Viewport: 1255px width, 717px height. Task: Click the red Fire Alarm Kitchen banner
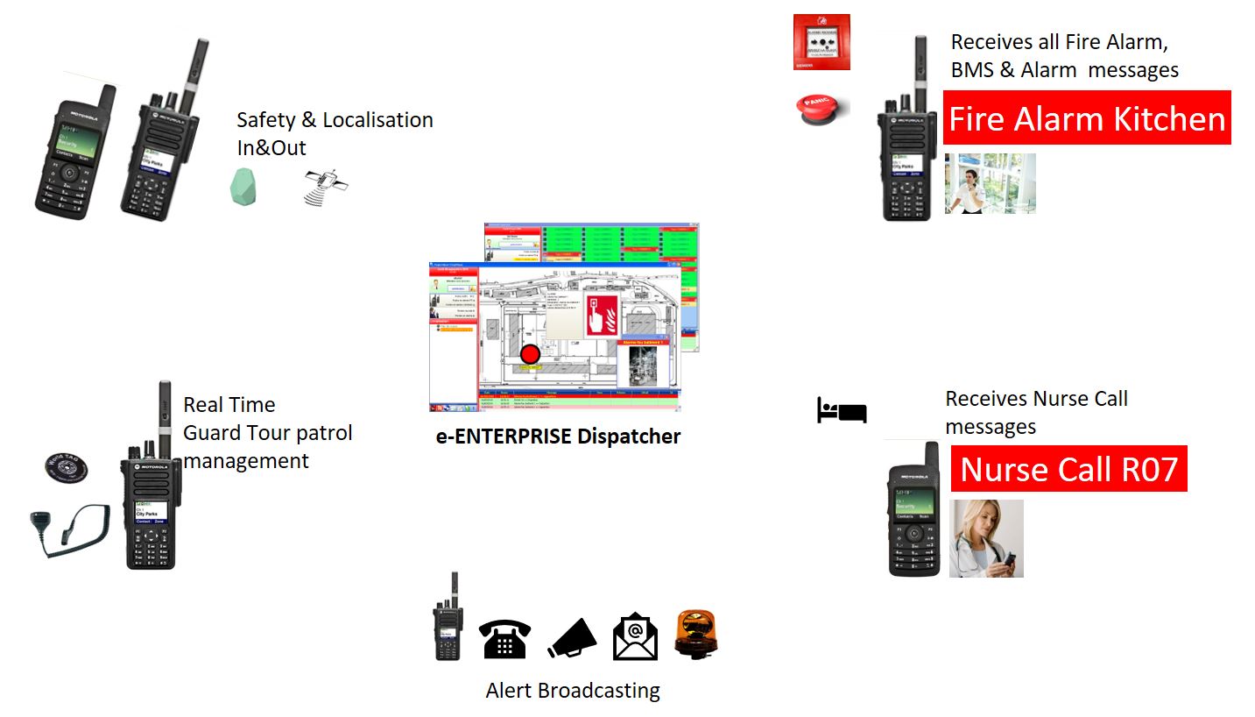tap(1087, 118)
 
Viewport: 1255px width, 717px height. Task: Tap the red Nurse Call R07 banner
tap(1068, 469)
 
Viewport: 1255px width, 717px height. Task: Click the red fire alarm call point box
tap(822, 42)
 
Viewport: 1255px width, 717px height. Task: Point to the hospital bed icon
tap(841, 409)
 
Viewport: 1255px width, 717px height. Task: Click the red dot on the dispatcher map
tap(529, 354)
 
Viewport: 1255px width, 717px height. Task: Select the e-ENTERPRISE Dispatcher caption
tap(558, 437)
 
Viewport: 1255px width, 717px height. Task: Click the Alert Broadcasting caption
tap(573, 691)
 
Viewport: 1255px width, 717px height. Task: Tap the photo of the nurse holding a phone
tap(986, 538)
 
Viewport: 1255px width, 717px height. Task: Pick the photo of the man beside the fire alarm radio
tap(990, 183)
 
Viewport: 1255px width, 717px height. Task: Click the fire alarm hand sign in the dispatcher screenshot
tap(601, 313)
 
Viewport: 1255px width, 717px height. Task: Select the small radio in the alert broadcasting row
tap(448, 618)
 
